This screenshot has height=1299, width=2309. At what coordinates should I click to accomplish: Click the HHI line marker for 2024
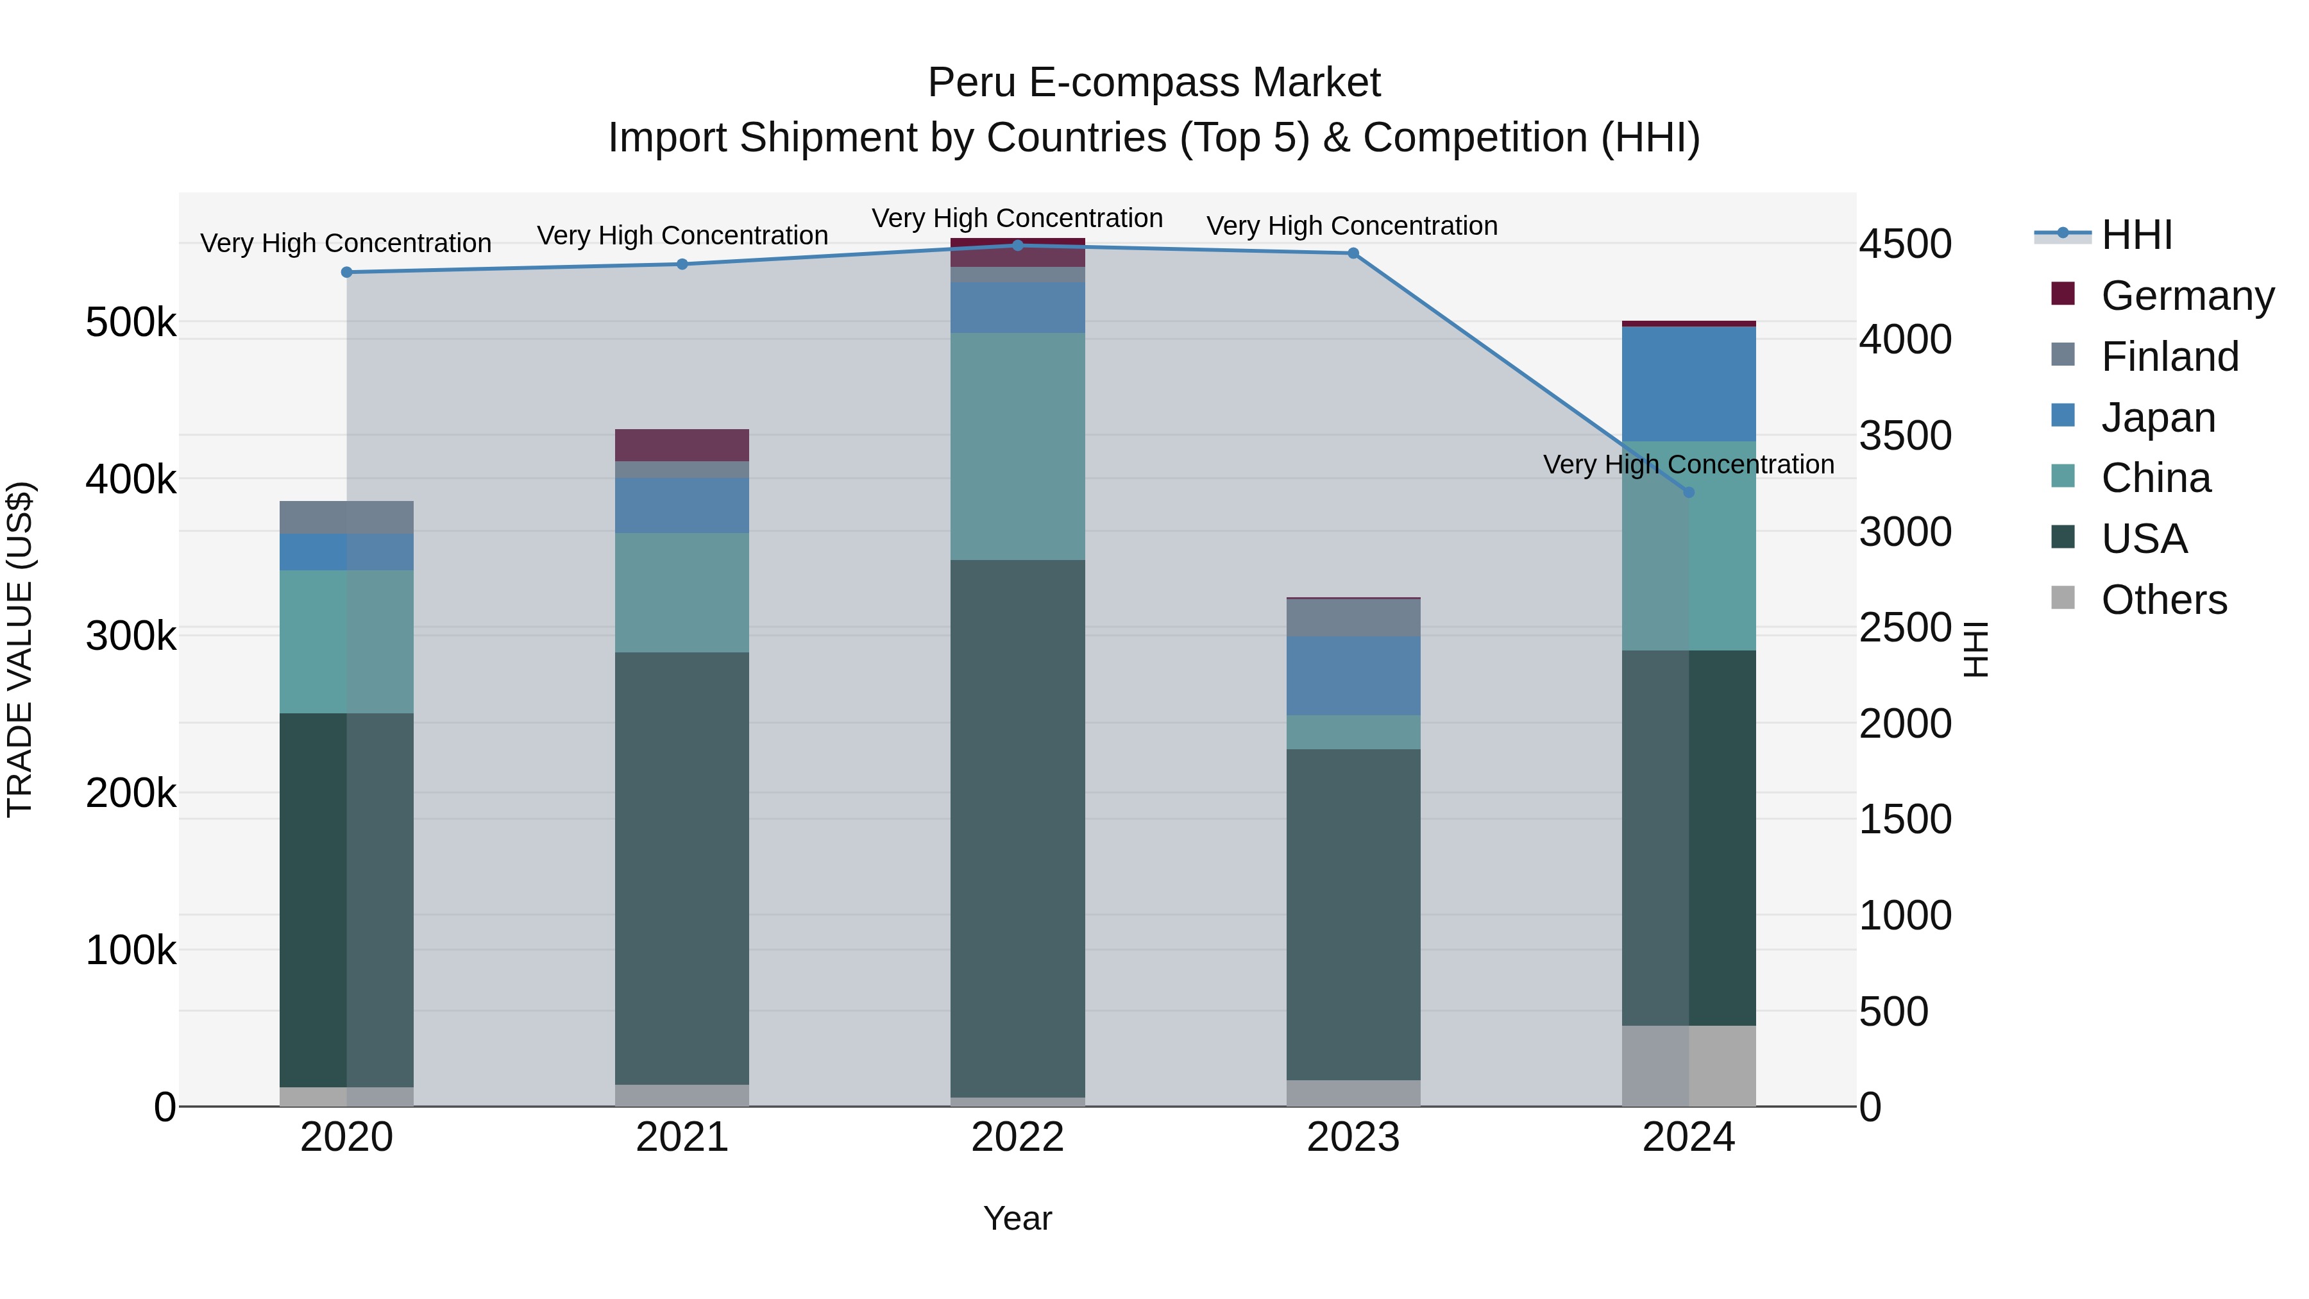click(x=1689, y=492)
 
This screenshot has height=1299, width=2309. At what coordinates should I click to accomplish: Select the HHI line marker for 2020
click(x=347, y=273)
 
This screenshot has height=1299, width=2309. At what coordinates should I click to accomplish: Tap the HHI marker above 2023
click(x=1353, y=253)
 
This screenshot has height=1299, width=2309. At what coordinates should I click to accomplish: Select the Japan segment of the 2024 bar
click(x=1689, y=384)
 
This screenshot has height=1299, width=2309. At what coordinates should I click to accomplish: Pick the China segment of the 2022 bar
click(x=1017, y=446)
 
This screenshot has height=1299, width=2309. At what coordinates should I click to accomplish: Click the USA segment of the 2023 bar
click(x=1353, y=914)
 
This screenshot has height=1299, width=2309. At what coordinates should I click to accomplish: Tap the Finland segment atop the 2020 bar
click(x=347, y=517)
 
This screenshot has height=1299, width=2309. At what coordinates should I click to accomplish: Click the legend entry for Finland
click(x=2169, y=357)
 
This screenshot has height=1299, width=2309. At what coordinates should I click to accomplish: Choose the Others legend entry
click(x=2163, y=600)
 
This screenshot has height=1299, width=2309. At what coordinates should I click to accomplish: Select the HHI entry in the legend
click(x=2136, y=235)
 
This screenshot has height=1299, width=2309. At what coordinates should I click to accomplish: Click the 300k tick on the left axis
click(x=131, y=636)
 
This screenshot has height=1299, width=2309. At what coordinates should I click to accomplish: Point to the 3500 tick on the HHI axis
click(x=1905, y=436)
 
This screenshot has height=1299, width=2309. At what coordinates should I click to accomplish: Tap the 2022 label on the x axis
click(x=1017, y=1137)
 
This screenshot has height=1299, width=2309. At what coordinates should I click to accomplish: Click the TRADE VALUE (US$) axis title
click(x=20, y=649)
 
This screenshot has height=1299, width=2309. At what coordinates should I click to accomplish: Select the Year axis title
click(x=1017, y=1218)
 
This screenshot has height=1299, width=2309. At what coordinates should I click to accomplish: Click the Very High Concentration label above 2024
click(x=1689, y=464)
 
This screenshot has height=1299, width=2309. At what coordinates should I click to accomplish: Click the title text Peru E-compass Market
click(x=1154, y=83)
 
